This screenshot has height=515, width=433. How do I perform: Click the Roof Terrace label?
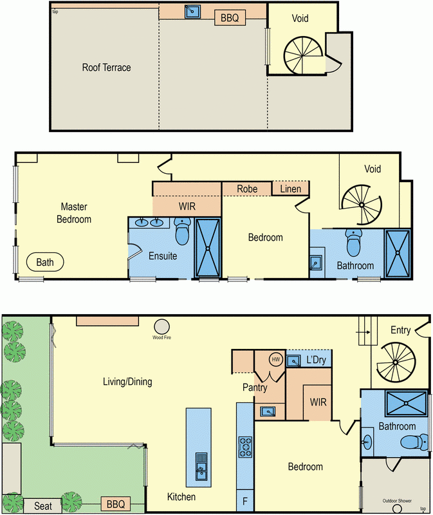coord(106,67)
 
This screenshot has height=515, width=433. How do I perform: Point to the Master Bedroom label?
coord(76,213)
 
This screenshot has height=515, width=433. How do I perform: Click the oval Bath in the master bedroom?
coord(45,263)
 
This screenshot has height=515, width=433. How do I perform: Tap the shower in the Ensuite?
coord(208,248)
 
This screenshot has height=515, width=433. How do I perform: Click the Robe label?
coord(247,189)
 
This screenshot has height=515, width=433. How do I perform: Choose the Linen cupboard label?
coord(290,188)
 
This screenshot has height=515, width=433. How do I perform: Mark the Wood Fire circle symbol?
coord(161,326)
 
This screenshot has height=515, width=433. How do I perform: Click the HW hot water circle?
coord(277,359)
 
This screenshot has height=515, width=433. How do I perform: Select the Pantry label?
coord(255,388)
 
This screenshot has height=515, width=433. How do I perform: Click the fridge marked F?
coord(245,500)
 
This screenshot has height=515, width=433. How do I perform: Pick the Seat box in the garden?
coord(42,506)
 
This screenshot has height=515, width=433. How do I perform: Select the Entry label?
coord(400,330)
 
